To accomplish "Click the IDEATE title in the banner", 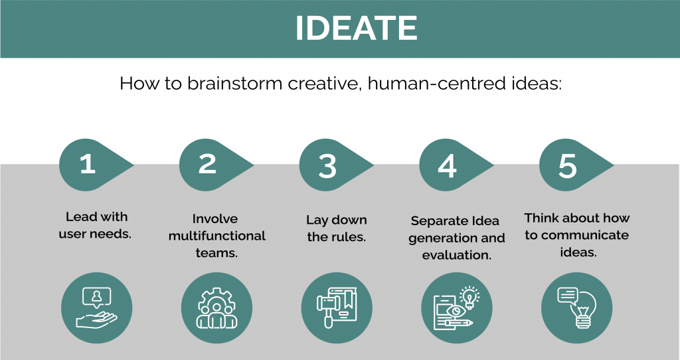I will click(356, 29).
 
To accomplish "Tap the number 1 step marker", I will click(89, 164).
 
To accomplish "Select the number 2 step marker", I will click(209, 164).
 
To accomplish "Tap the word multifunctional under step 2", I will click(217, 236).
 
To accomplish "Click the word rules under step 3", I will click(349, 236).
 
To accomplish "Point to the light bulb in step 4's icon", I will click(469, 298).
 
